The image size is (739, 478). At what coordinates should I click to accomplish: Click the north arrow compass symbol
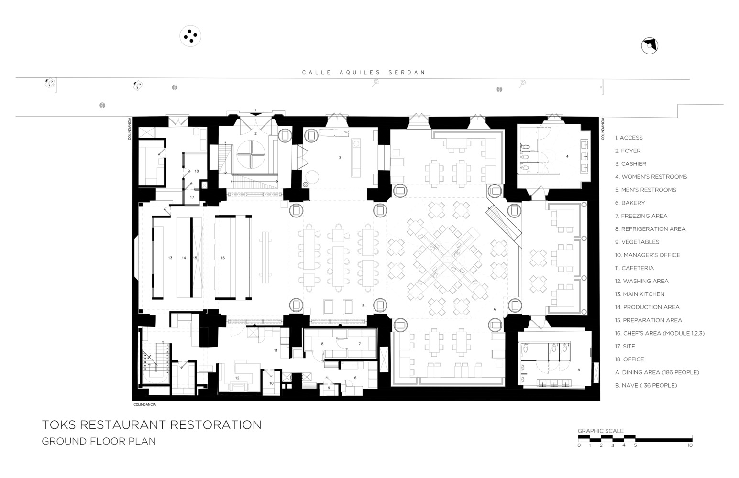click(x=649, y=46)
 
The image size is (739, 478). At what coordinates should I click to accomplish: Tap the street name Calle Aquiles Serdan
click(x=364, y=73)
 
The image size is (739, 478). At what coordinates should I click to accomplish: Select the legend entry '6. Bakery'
click(x=630, y=203)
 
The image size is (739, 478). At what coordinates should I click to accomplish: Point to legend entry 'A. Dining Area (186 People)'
click(x=657, y=372)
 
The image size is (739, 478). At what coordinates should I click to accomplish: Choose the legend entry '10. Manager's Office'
click(x=647, y=255)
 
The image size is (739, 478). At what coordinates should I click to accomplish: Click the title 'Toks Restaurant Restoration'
click(x=152, y=424)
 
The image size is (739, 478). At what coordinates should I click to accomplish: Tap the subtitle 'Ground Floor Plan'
click(x=99, y=441)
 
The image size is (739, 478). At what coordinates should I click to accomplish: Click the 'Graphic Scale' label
click(x=600, y=431)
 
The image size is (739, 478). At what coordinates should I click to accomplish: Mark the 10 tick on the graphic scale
click(x=690, y=445)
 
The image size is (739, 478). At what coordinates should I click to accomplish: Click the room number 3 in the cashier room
click(x=340, y=158)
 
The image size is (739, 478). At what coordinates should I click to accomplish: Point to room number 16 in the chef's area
click(x=223, y=258)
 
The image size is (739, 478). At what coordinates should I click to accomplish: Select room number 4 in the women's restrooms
click(x=567, y=156)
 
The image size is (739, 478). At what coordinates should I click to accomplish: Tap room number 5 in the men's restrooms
click(x=578, y=370)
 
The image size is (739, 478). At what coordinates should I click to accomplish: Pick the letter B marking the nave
click(x=364, y=306)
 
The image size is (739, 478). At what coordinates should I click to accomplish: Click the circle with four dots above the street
click(x=190, y=36)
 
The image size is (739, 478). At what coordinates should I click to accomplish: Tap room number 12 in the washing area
click(x=237, y=378)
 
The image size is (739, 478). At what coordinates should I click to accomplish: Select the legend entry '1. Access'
click(x=629, y=138)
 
